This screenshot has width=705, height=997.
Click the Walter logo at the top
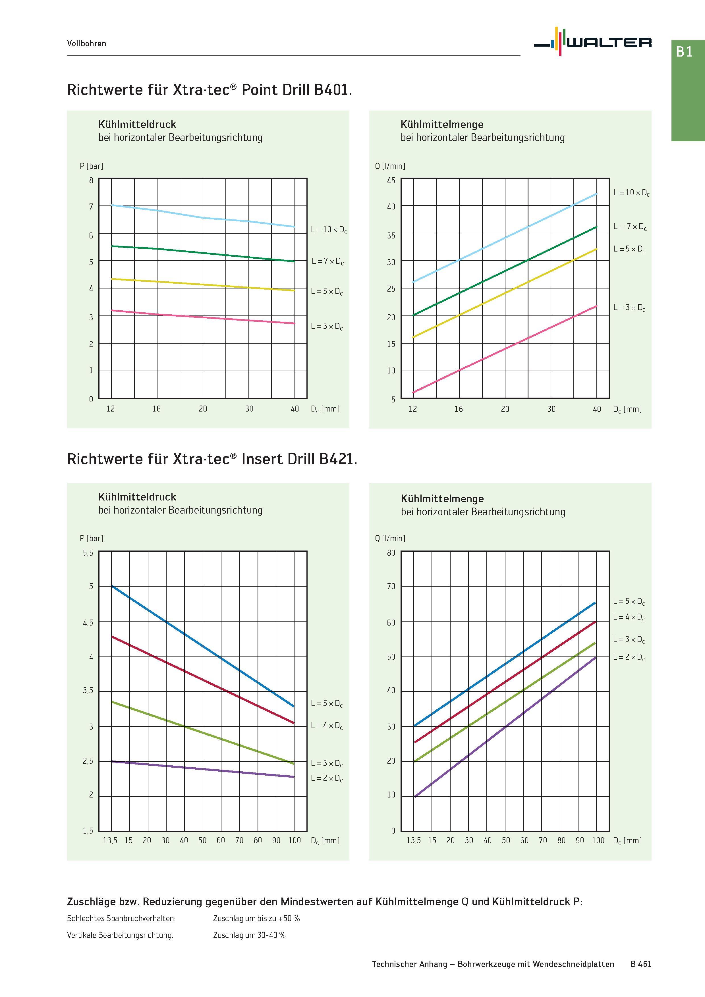(592, 42)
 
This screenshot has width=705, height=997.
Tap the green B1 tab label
(684, 52)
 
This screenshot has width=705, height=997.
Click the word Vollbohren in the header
(86, 43)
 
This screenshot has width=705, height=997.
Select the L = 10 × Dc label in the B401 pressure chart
(329, 230)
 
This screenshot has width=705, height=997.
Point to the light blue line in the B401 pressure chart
(203, 217)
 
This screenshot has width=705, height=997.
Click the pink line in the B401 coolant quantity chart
(505, 349)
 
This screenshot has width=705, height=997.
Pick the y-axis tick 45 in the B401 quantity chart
(391, 180)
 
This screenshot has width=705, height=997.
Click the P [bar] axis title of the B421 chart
(91, 539)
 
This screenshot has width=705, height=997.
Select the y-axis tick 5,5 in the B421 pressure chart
(88, 553)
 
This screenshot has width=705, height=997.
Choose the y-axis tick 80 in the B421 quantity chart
(391, 553)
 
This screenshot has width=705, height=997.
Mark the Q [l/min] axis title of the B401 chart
(390, 166)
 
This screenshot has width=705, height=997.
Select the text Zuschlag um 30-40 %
(249, 935)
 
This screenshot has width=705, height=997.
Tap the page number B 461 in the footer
(641, 964)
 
